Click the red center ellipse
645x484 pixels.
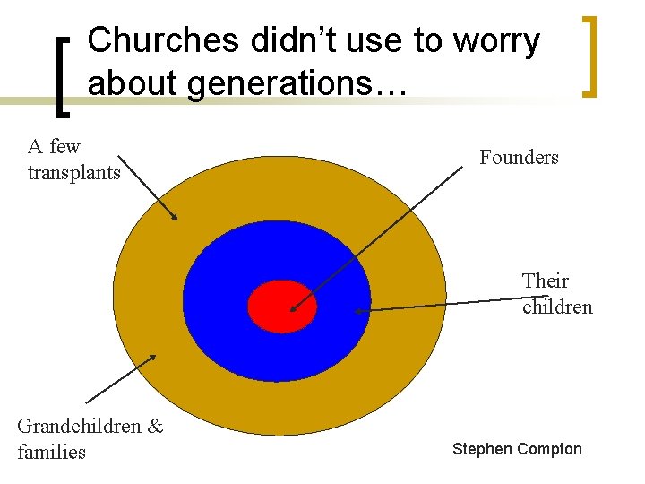click(x=282, y=306)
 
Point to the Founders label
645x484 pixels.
click(x=519, y=158)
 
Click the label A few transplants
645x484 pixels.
click(x=73, y=160)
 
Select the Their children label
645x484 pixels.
click(x=556, y=294)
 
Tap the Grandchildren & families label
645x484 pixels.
click(x=90, y=438)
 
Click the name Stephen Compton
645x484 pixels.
click(x=517, y=449)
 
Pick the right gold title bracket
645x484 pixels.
click(x=589, y=56)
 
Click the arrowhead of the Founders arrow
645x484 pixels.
click(x=291, y=310)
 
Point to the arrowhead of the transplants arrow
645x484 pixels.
click(x=176, y=218)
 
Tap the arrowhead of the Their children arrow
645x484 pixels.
click(x=357, y=312)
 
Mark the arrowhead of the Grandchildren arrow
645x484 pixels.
click(x=154, y=356)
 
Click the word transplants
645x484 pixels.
click(x=73, y=172)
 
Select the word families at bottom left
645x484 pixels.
click(x=51, y=452)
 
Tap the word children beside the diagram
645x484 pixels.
click(x=557, y=307)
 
